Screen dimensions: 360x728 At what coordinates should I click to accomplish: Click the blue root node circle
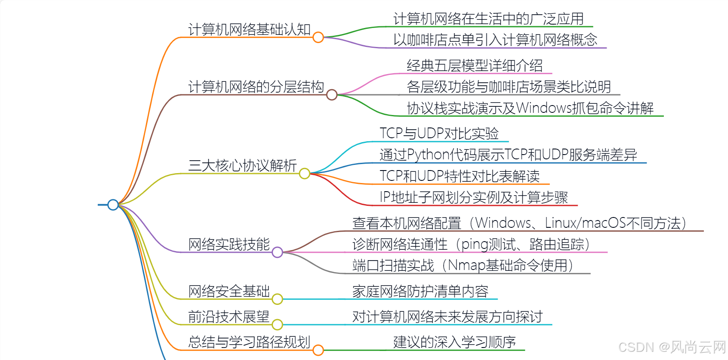point(113,205)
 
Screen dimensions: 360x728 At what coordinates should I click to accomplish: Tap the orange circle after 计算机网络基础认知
point(318,37)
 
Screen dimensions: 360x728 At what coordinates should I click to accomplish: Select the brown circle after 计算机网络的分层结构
point(331,95)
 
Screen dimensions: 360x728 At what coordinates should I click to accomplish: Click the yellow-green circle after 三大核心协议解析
point(304,174)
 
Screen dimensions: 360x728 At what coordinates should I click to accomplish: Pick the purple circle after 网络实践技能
point(277,252)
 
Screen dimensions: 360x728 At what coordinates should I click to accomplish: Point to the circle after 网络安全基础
point(277,299)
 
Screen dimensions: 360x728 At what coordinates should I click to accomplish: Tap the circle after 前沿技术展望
point(277,324)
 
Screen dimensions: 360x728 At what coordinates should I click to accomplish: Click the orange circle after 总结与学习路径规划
point(318,350)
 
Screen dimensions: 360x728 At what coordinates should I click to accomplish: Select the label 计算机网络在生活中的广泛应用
point(488,19)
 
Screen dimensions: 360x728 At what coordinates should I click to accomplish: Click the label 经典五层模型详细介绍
point(474,65)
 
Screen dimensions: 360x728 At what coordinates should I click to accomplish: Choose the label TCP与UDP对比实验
point(439,133)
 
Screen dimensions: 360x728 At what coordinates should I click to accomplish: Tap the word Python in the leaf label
point(428,155)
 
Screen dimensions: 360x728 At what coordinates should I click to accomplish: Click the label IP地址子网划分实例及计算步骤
point(474,197)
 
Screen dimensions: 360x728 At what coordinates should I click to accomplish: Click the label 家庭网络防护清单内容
point(420,291)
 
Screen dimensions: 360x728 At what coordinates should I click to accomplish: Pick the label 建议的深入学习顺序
point(454,342)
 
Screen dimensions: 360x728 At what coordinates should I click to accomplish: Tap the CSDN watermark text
point(636,347)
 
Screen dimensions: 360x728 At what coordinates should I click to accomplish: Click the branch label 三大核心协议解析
point(242,165)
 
